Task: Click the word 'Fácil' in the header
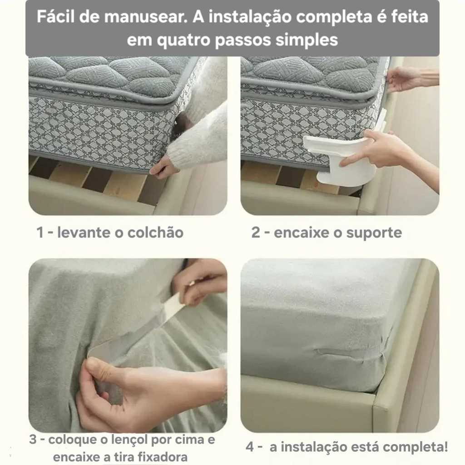click(55, 17)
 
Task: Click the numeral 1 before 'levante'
click(40, 232)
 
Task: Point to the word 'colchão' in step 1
click(155, 232)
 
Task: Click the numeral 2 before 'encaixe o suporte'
click(256, 232)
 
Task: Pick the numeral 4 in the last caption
click(250, 447)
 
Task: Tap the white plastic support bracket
click(341, 160)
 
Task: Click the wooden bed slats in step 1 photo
click(98, 181)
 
